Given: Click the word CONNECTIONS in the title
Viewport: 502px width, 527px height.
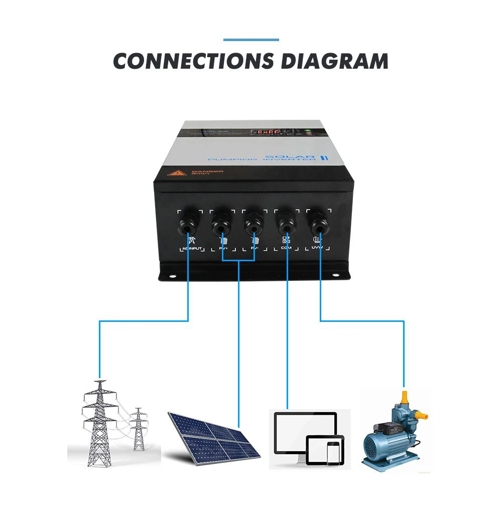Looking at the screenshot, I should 193,61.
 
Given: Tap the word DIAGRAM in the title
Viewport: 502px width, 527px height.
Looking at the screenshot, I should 334,61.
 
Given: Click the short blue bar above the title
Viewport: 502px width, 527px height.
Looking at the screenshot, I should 250,40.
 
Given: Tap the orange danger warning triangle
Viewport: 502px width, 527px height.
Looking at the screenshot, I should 177,173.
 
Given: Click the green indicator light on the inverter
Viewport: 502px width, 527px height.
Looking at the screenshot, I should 309,132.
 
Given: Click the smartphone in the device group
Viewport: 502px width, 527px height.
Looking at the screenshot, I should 332,453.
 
